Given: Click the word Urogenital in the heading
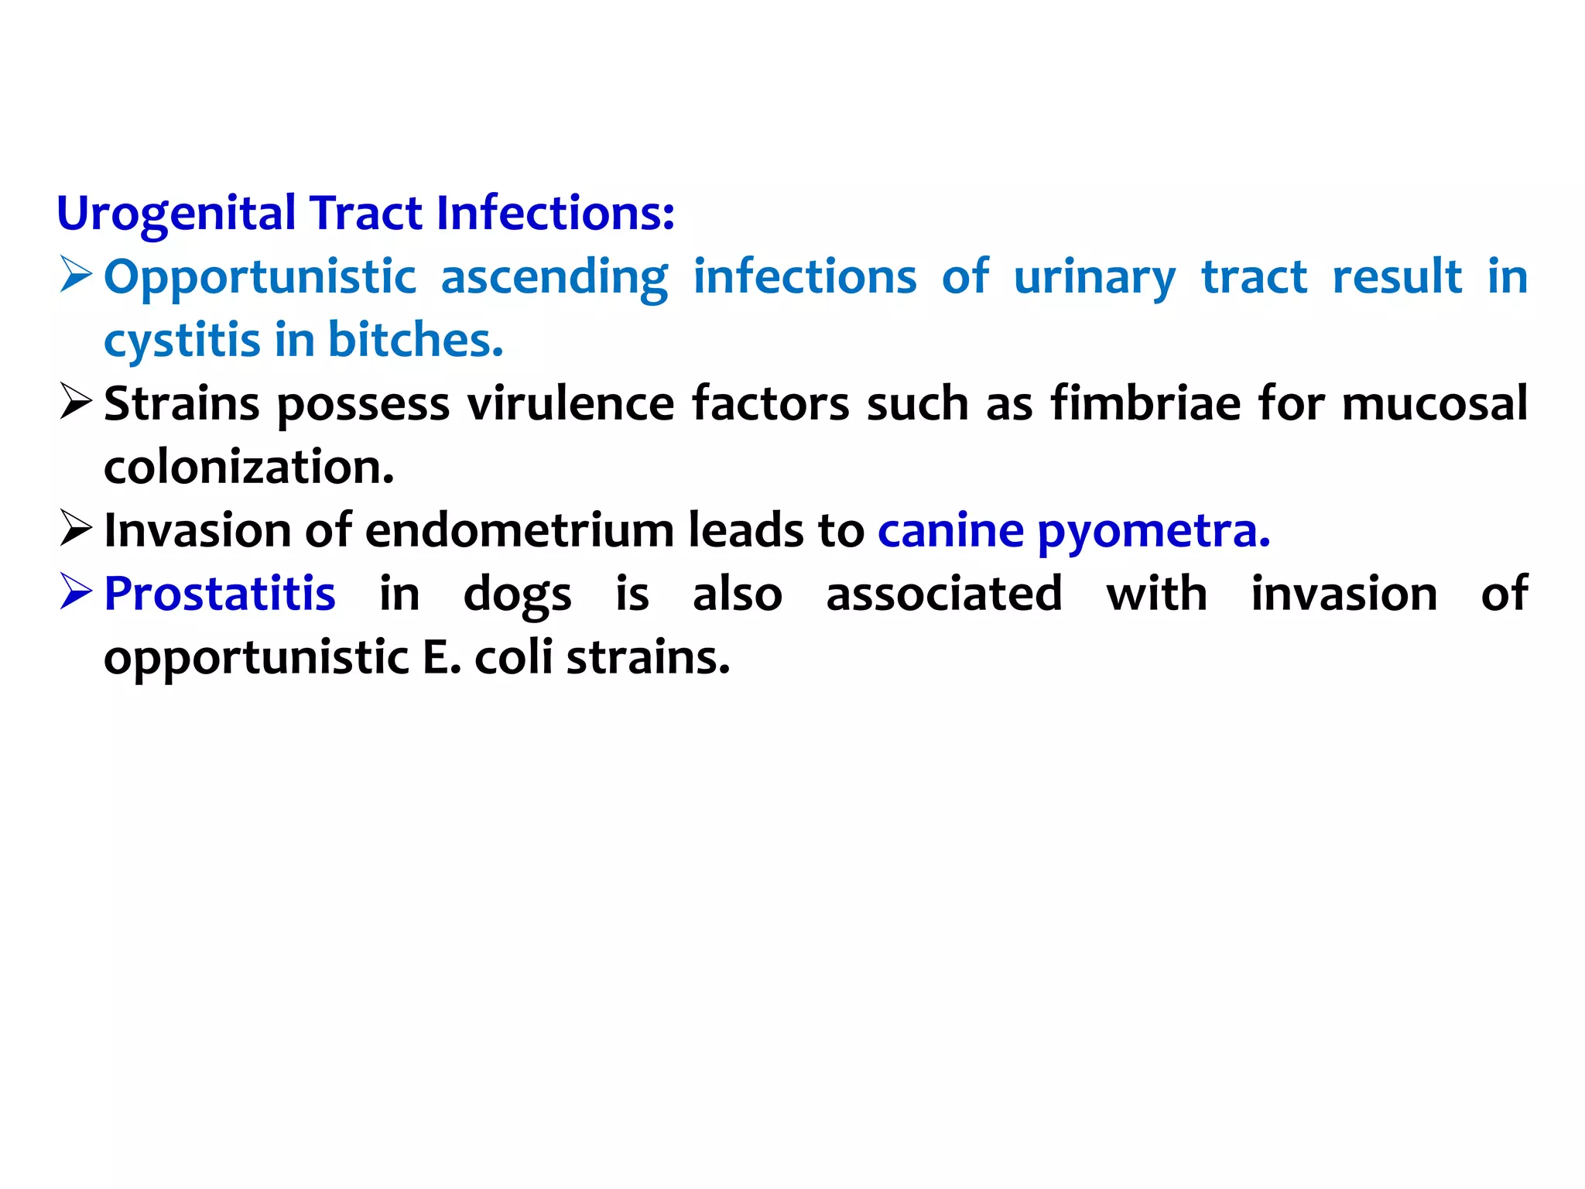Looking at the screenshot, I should (x=176, y=214).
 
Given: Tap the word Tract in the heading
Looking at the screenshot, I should (x=366, y=214).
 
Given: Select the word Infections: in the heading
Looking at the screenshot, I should (x=555, y=214).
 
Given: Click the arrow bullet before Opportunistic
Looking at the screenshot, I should (x=76, y=276).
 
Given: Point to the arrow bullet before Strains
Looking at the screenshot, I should (x=76, y=403).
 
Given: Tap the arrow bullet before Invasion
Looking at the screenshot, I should (x=76, y=529).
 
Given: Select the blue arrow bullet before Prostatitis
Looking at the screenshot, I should (x=76, y=593).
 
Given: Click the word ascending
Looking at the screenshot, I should (x=554, y=277).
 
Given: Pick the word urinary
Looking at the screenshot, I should (x=1094, y=277).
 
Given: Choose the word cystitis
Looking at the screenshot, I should (x=182, y=341).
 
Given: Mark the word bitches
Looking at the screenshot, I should (x=416, y=341).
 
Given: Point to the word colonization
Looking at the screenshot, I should (x=248, y=468).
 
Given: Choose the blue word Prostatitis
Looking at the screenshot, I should (x=220, y=594).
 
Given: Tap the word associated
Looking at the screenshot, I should (x=944, y=594).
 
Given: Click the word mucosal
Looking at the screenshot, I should (x=1435, y=404).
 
